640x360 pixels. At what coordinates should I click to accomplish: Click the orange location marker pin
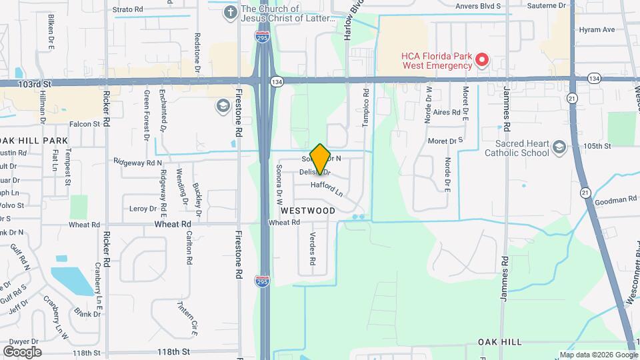point(320,159)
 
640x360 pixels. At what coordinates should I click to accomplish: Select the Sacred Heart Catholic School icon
point(559,148)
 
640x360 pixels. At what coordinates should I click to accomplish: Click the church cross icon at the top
point(231,13)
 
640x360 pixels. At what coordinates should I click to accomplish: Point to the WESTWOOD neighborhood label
point(307,210)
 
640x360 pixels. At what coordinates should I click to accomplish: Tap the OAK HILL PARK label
point(33,141)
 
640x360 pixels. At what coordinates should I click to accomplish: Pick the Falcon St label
point(85,124)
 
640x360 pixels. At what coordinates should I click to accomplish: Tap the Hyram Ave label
point(597,30)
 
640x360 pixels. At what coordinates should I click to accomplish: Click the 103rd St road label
point(35,83)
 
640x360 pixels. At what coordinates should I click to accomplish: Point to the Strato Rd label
point(127,9)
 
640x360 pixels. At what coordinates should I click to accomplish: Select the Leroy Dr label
point(143,209)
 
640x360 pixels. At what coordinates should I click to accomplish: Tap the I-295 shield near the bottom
point(263,283)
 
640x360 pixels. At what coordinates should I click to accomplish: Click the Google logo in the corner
point(22,351)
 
